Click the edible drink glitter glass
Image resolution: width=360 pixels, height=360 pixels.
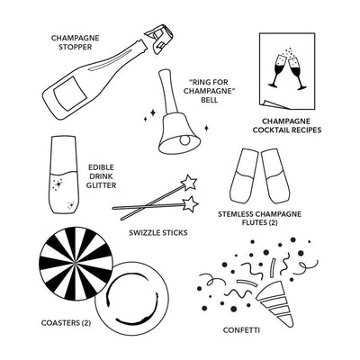click(62, 176)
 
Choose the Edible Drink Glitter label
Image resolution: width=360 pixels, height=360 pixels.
click(102, 176)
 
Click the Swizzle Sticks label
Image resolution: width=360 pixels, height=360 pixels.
click(157, 231)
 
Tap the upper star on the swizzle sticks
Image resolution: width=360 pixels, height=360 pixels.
click(190, 183)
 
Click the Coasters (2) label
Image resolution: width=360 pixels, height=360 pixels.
click(67, 321)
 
